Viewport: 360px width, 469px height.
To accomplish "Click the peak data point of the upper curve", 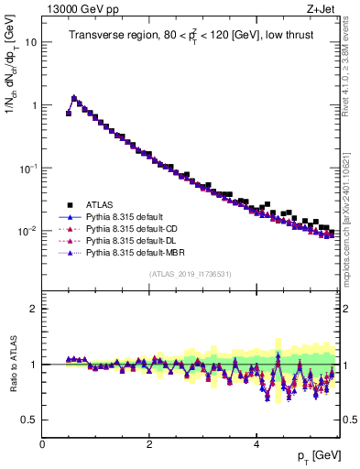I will click(x=74, y=97).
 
